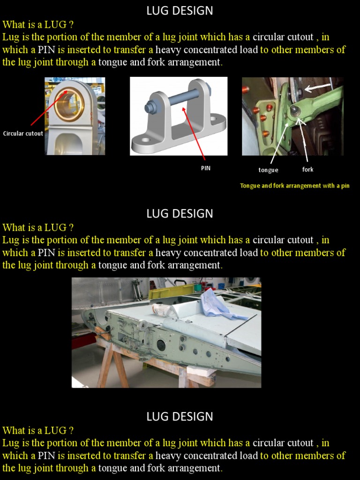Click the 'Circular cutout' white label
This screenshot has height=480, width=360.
coord(23,134)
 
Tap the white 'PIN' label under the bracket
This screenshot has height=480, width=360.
coord(206,168)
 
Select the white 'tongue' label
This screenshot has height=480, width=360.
coord(268,170)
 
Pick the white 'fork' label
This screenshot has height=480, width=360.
coord(307,169)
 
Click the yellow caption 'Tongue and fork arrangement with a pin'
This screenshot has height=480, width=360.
coord(295,186)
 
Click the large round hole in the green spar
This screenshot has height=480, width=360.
coord(161,345)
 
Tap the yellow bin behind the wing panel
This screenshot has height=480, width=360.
coord(171,291)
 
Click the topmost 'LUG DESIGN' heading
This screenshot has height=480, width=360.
coord(180,11)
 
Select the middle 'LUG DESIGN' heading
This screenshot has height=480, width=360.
coord(180,214)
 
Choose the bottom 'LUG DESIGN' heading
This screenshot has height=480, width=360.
coord(180,417)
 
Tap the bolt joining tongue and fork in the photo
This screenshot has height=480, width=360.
coord(296,111)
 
